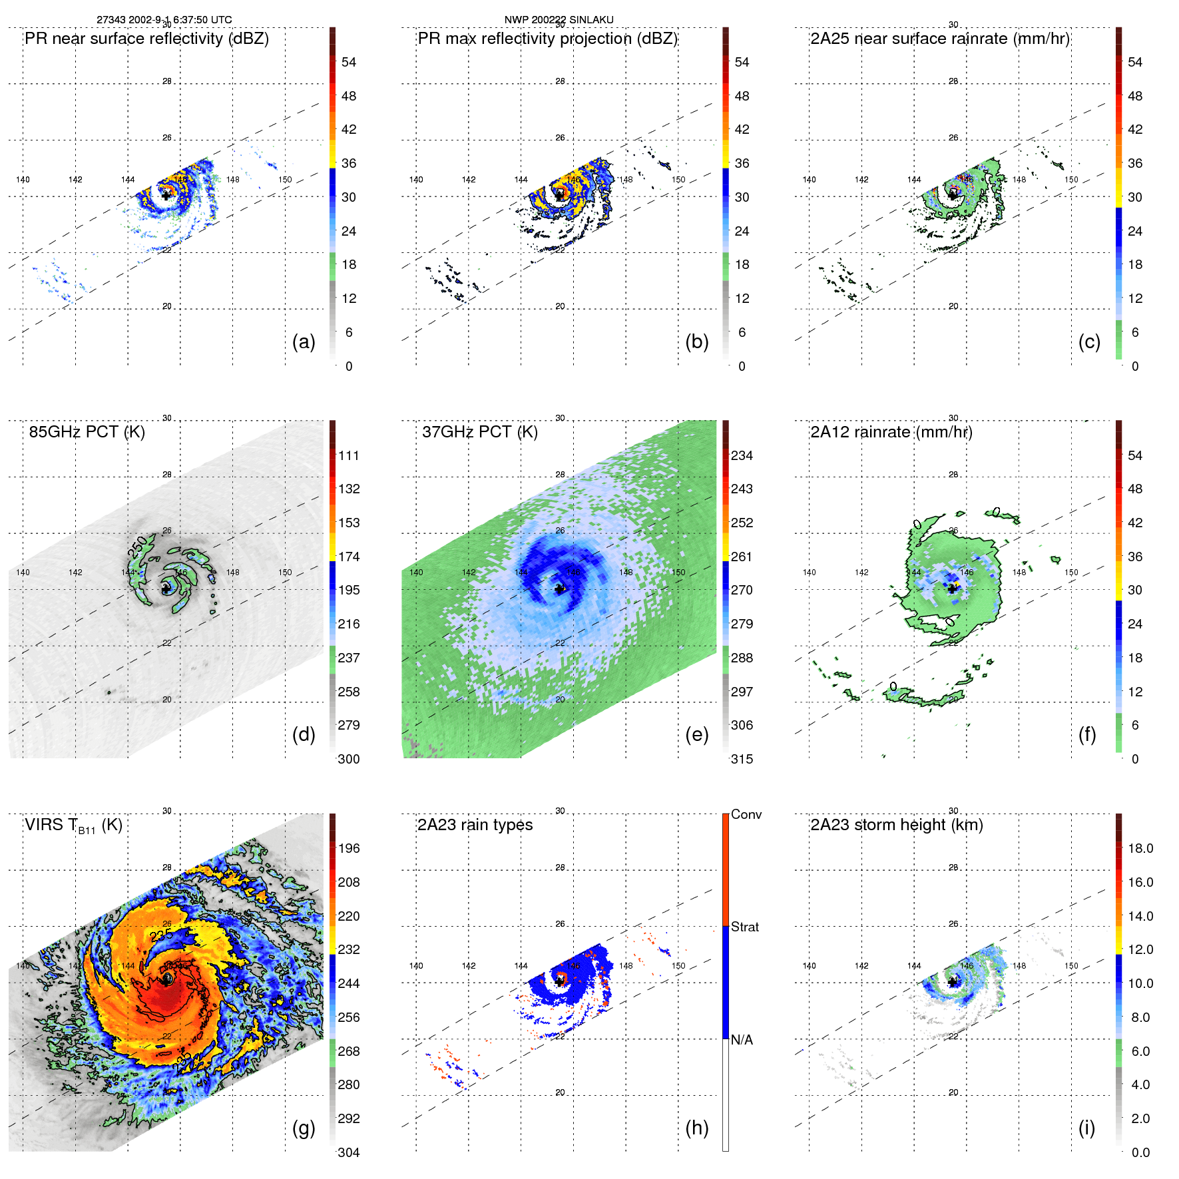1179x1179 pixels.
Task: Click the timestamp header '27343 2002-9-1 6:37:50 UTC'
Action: coord(164,20)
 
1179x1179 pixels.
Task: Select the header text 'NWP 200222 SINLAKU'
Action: coord(559,20)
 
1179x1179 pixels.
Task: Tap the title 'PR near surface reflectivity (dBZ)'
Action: coord(146,39)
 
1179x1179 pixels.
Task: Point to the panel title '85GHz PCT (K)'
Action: coord(87,432)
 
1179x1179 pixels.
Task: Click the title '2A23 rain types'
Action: coord(475,825)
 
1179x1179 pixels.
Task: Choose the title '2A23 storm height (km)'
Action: coord(896,825)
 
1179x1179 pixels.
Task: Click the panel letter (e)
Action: coord(696,734)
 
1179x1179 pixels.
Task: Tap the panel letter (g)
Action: coord(304,1128)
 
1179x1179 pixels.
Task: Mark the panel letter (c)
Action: coord(1089,342)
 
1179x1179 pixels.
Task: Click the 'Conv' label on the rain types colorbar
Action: coord(746,814)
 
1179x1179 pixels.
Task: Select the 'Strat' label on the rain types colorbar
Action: coord(745,927)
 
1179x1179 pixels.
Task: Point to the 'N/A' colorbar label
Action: coord(742,1040)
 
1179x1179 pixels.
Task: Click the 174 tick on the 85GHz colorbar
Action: coord(349,557)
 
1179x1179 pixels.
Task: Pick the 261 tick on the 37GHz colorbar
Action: coord(742,557)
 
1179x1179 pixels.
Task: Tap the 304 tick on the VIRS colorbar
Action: coord(349,1152)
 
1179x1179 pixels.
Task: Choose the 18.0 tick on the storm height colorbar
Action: coord(1140,848)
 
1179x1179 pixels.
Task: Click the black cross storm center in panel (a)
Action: coord(166,196)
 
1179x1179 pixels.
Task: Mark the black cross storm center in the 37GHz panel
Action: coord(559,589)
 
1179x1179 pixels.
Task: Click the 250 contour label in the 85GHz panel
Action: coord(138,547)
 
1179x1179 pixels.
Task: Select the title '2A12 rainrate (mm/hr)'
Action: coord(891,432)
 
